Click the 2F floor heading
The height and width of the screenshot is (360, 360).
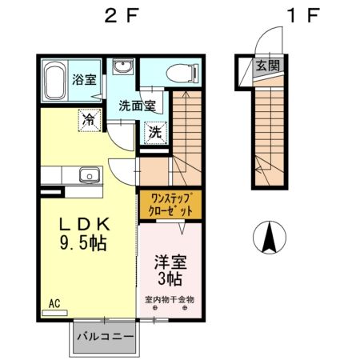coord(118,16)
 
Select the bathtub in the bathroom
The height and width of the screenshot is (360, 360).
coord(55,81)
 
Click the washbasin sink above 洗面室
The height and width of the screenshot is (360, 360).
coord(123,68)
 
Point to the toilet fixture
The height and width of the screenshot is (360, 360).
coord(178,74)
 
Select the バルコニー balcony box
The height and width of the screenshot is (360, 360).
coord(105,338)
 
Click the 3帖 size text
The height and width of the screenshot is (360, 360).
coord(169,279)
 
